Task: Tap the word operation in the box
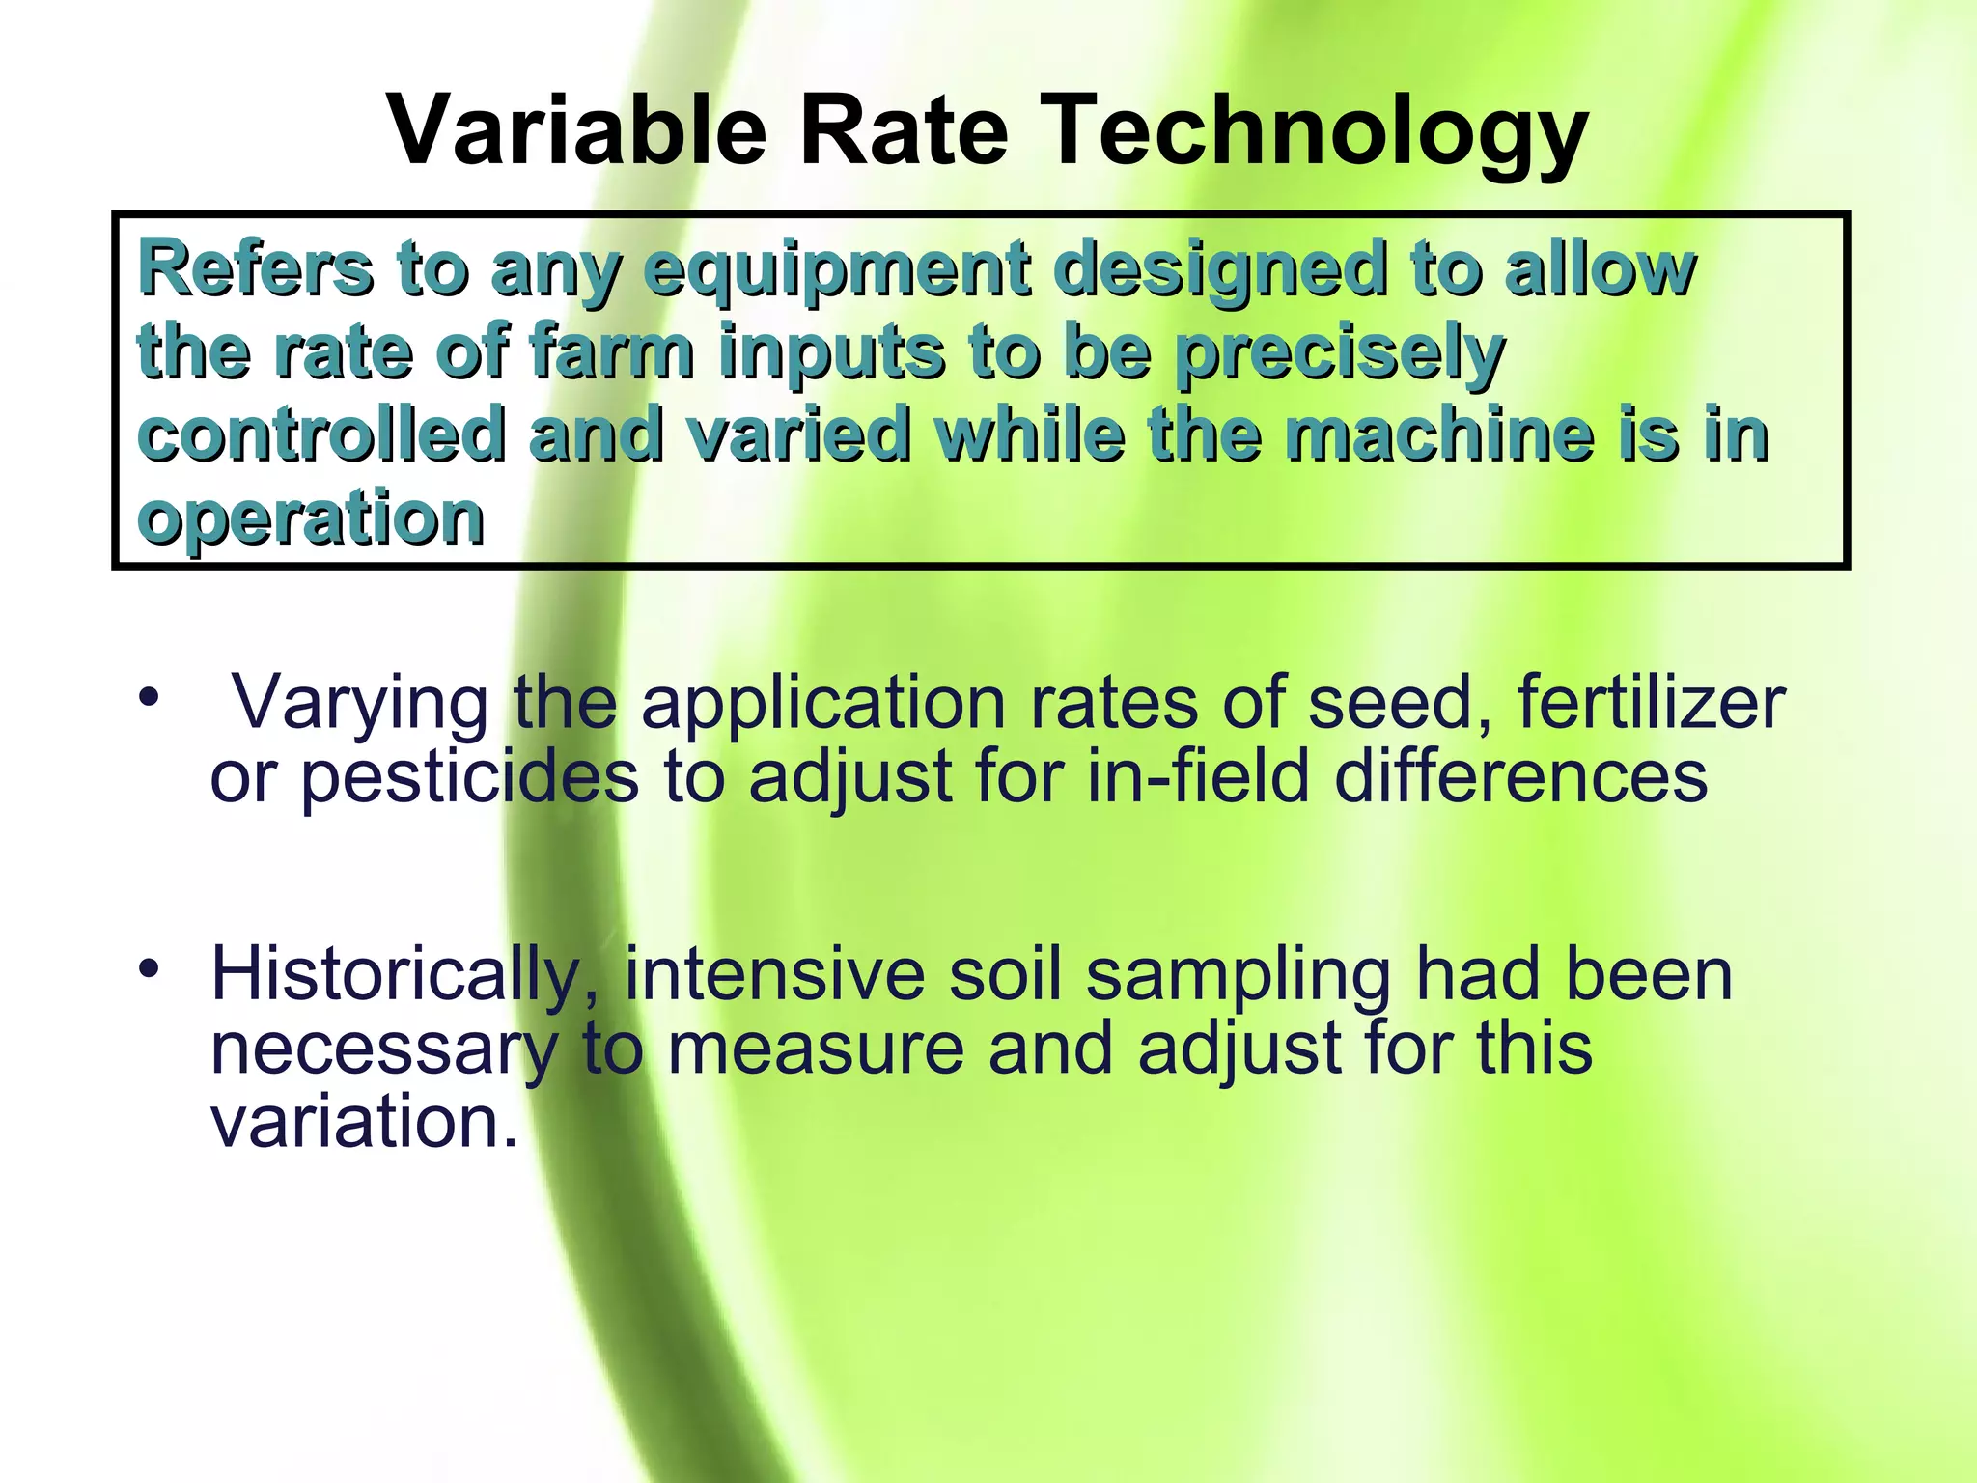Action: (311, 519)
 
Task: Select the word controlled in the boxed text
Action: (322, 434)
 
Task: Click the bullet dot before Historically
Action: (147, 967)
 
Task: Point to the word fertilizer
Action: (1651, 702)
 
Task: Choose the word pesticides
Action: (469, 778)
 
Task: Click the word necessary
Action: (384, 1050)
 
